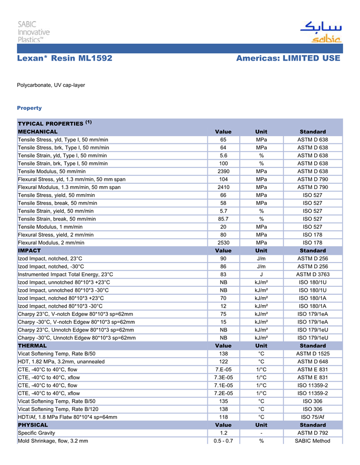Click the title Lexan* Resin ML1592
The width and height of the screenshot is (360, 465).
point(65,59)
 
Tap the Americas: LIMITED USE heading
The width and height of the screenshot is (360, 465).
point(288,59)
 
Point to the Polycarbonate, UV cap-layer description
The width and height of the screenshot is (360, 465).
point(51,84)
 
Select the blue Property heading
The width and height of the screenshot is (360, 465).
point(29,108)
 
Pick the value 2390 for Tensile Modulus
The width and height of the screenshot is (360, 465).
point(223,171)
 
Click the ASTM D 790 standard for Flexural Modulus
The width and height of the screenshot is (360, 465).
point(312,187)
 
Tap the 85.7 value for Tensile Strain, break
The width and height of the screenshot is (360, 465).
point(223,219)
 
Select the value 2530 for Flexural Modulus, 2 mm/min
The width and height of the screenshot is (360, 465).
point(223,243)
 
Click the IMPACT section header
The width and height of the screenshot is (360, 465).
point(29,251)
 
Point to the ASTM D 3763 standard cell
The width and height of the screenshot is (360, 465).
point(312,274)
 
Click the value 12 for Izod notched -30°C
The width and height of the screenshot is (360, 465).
point(223,306)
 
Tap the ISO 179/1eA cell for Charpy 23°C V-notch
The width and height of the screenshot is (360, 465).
point(312,314)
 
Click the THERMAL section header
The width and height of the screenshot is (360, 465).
point(32,346)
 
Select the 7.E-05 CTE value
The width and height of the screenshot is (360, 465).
point(223,369)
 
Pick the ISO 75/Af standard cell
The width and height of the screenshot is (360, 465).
point(312,417)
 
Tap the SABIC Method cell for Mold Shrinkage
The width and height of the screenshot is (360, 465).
point(312,441)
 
